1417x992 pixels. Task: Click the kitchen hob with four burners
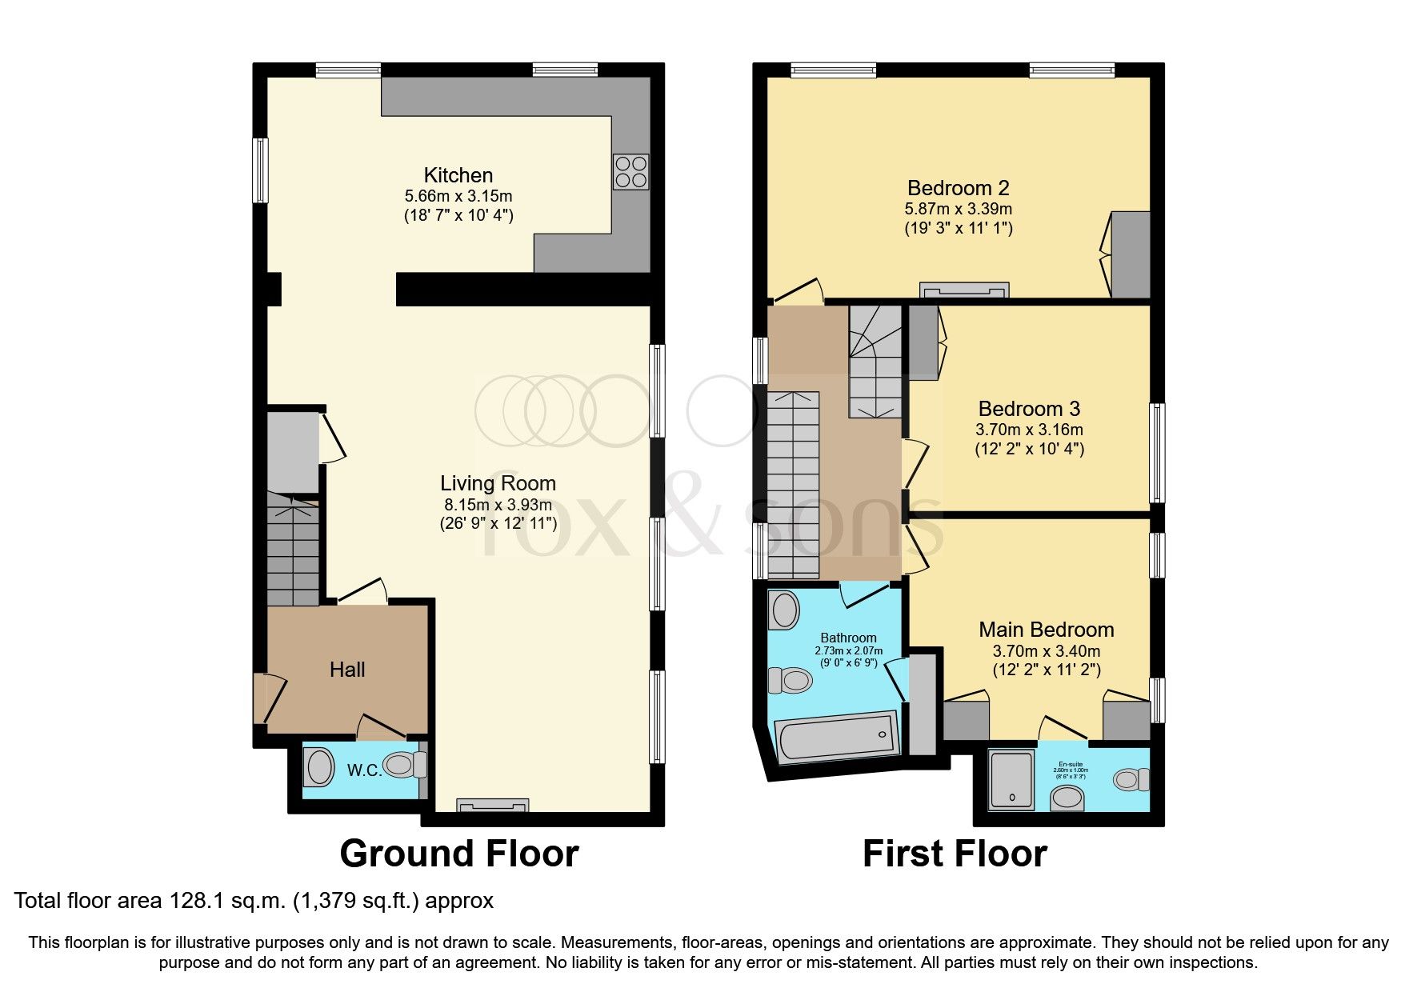coord(630,171)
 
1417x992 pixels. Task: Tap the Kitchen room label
coord(458,175)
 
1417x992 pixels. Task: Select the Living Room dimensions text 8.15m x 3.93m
coord(498,505)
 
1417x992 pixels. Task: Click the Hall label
coord(347,670)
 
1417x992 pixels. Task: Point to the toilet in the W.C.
coord(407,765)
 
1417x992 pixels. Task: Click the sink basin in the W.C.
coord(319,768)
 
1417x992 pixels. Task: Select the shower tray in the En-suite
coord(1011,777)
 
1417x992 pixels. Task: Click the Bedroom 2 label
coord(958,188)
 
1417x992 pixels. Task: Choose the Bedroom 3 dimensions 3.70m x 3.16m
coord(1029,430)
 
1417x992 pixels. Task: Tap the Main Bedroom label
coord(1046,630)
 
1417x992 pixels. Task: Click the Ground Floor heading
coord(458,854)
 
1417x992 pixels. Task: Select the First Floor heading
coord(954,854)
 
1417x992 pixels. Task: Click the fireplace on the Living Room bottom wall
coord(492,806)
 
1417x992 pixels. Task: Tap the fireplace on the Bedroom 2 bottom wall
coord(963,290)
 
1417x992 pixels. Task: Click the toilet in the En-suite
coord(1131,779)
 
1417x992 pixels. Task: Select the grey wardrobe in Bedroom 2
coord(1130,254)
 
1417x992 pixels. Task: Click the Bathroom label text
coord(848,638)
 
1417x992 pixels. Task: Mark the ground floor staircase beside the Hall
coord(293,550)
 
